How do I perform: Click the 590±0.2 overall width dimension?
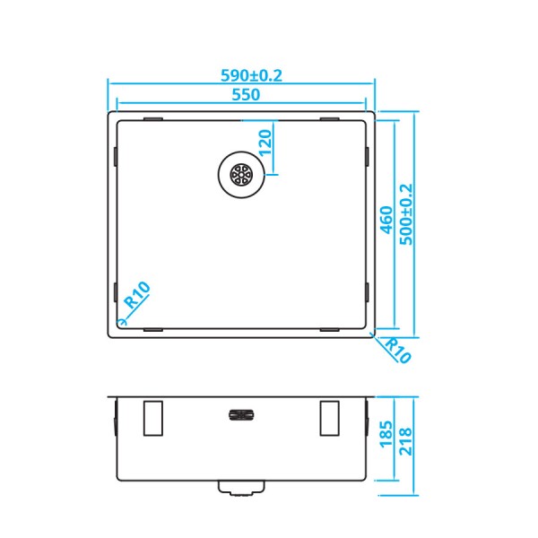point(241,76)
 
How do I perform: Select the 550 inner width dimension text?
point(242,95)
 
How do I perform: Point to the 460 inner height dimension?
point(386,219)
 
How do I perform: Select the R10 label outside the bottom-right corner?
point(395,350)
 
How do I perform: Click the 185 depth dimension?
point(386,442)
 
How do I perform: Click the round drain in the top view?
point(240,172)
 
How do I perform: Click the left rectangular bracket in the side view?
point(152,417)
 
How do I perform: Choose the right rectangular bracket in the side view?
point(330,417)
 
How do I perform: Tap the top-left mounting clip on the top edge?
point(152,117)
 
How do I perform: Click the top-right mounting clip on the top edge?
point(330,117)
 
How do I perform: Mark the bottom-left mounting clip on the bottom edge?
point(152,329)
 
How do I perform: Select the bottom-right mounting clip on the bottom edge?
point(330,329)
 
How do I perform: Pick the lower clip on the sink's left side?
point(117,291)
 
